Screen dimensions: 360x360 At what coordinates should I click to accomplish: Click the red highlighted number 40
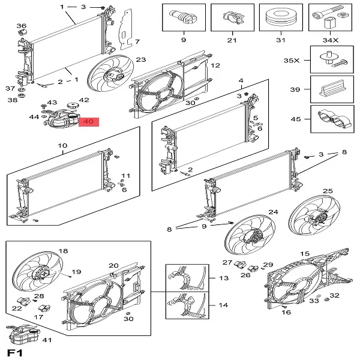click(89, 122)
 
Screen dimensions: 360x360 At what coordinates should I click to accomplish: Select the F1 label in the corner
click(14, 351)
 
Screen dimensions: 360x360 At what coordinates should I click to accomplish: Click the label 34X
click(329, 40)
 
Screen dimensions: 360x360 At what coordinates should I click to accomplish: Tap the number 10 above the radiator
click(62, 146)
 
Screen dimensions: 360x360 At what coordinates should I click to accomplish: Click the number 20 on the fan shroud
click(113, 266)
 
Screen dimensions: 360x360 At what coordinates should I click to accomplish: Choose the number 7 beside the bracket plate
click(137, 41)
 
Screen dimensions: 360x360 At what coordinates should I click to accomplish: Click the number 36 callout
click(22, 26)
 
